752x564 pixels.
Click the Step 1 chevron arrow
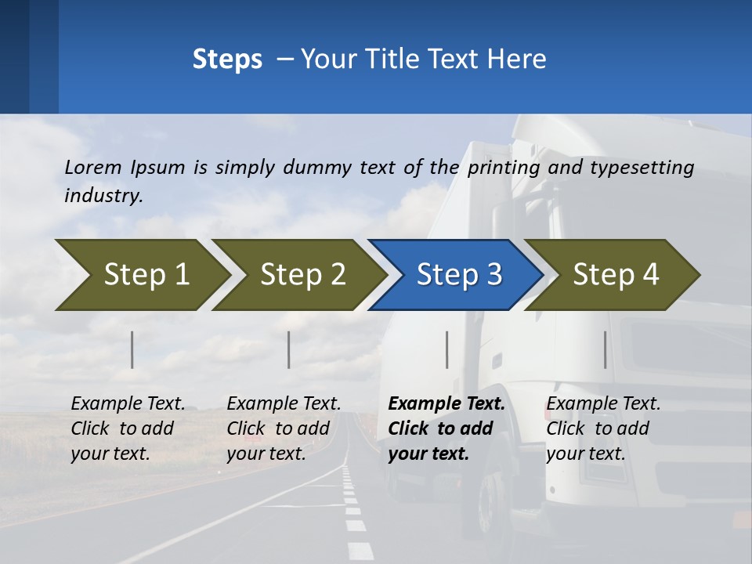point(141,275)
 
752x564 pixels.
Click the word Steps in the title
point(227,60)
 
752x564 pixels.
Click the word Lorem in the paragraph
point(93,167)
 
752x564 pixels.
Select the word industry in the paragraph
point(103,196)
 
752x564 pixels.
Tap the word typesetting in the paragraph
point(642,168)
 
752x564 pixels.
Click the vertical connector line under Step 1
point(132,349)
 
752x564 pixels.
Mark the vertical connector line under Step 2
point(289,349)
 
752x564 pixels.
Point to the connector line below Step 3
point(447,349)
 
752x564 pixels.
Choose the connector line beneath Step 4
point(606,349)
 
